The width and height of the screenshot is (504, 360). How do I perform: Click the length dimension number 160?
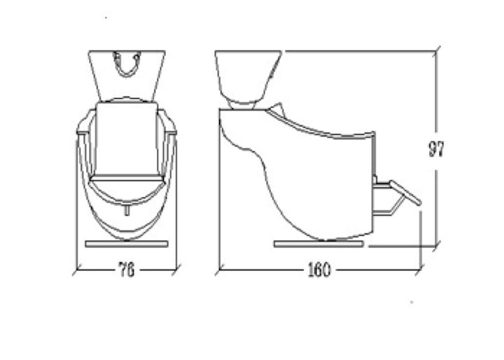(319, 270)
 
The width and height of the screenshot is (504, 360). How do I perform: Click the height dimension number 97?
(437, 149)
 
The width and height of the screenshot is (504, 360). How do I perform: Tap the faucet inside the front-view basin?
(127, 64)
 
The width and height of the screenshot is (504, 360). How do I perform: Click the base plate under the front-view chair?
(127, 244)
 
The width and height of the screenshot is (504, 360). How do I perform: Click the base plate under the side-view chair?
(319, 244)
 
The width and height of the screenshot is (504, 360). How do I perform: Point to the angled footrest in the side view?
(405, 193)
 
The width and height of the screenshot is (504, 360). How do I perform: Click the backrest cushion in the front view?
(127, 139)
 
